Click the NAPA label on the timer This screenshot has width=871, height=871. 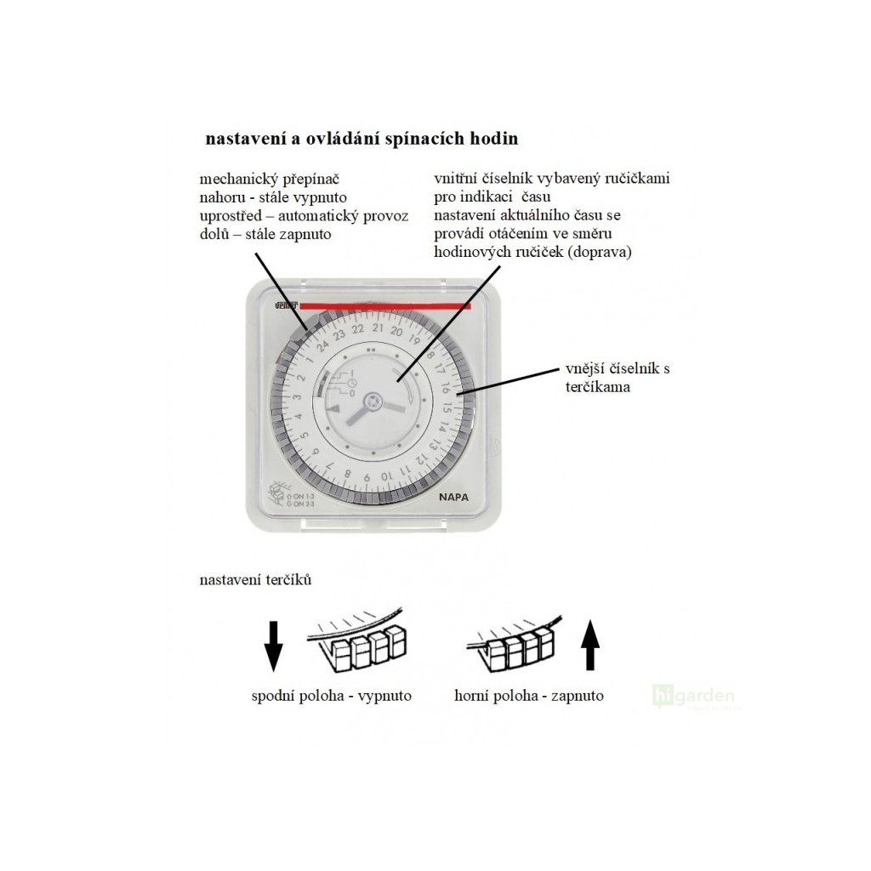click(454, 501)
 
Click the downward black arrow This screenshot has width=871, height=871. click(273, 646)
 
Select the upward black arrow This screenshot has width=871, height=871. click(589, 646)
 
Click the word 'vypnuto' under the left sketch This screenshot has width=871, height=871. click(384, 696)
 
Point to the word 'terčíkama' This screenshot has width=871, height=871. click(598, 386)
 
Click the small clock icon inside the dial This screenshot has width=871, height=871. click(350, 389)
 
